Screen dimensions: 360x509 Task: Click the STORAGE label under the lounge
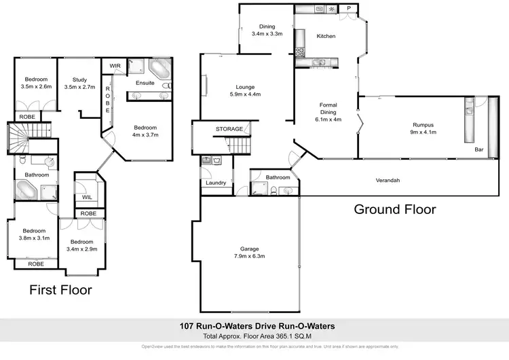click(229, 128)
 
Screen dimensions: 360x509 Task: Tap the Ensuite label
click(145, 83)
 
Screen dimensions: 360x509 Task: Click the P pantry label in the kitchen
click(349, 8)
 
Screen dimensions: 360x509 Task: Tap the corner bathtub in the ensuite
click(160, 70)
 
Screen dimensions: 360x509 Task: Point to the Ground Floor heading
click(394, 209)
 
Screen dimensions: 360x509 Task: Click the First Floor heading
click(60, 290)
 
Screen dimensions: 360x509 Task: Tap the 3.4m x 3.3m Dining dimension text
click(267, 33)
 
